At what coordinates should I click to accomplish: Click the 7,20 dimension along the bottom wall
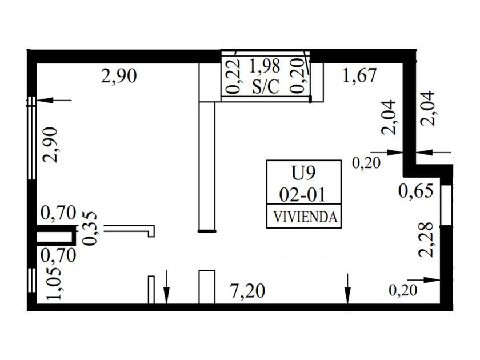click(x=249, y=291)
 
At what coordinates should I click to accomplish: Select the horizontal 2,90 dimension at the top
click(x=119, y=75)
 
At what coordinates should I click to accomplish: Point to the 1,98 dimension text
click(x=265, y=66)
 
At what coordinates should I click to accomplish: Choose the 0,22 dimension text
click(x=232, y=77)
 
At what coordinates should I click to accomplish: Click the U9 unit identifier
click(x=303, y=172)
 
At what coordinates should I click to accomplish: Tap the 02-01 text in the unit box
click(x=303, y=195)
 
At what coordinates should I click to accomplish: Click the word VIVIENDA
click(x=303, y=218)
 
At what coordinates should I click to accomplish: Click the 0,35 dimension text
click(x=90, y=228)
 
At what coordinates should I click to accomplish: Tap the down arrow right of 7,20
click(x=347, y=289)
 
